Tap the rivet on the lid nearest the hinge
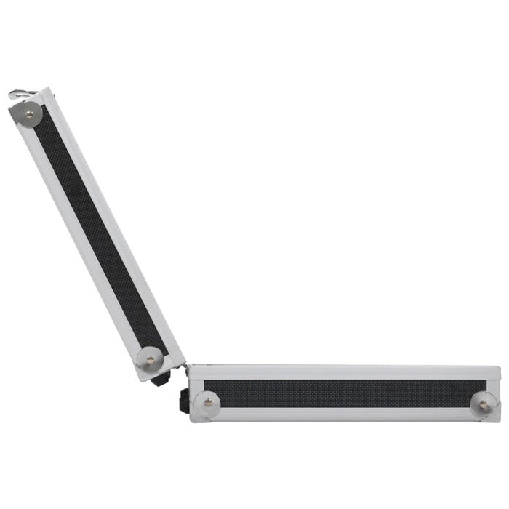(151, 358)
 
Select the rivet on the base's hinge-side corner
(209, 402)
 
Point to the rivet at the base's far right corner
(484, 404)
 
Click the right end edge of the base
(499, 393)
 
